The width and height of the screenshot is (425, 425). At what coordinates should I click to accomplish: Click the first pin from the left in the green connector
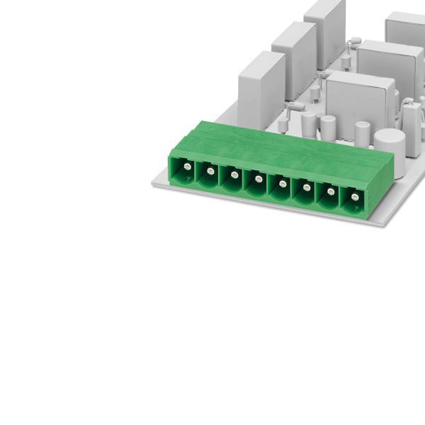186,166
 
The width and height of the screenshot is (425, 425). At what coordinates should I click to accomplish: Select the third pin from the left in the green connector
234,174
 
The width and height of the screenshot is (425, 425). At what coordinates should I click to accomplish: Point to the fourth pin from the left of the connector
259,179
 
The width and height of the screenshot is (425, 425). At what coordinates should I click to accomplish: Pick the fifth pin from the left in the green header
283,183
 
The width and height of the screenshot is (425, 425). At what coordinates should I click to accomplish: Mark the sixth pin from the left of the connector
307,188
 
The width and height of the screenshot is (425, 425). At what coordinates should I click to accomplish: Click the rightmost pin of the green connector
354,196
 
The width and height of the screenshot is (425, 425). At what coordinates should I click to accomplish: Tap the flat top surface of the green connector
283,145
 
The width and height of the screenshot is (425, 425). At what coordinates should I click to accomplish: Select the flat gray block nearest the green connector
261,89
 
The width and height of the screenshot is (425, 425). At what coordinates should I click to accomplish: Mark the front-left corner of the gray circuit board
154,183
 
